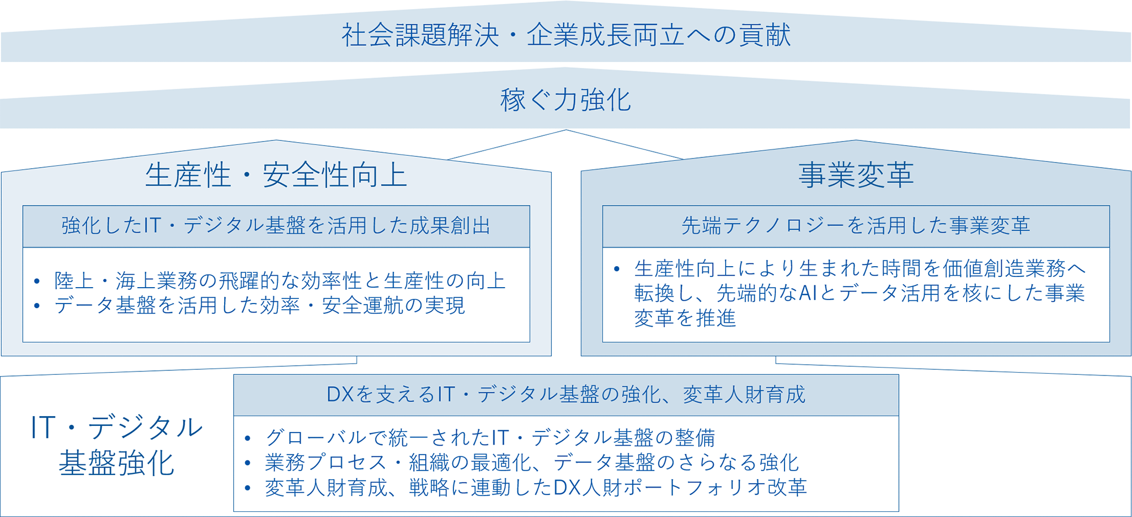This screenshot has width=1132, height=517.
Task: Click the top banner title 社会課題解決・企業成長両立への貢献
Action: click(565, 35)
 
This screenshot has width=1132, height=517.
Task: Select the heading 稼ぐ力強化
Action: click(565, 100)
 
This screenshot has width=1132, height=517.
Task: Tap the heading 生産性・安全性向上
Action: click(276, 174)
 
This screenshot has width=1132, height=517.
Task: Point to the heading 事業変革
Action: click(856, 174)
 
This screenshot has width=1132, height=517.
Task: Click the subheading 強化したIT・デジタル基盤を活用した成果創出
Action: click(276, 226)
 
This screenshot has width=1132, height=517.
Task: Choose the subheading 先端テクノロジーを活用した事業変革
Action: click(856, 226)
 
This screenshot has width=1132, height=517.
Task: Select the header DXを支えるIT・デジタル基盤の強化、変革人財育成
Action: click(565, 395)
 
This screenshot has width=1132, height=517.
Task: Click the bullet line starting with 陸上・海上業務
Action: click(280, 281)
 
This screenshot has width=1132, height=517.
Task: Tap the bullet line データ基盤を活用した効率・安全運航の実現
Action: click(260, 306)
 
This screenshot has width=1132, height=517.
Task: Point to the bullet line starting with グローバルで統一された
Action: click(490, 438)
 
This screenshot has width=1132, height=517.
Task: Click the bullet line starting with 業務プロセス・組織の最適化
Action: click(531, 463)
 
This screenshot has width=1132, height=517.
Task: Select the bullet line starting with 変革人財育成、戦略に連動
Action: click(535, 488)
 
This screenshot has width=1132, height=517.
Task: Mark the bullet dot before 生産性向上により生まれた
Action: click(617, 268)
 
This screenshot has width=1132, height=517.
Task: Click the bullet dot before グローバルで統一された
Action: click(247, 438)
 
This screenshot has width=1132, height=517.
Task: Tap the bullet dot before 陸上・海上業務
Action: click(37, 281)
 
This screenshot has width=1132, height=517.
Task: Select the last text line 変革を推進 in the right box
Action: click(685, 318)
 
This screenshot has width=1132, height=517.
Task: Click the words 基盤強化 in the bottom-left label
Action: click(117, 463)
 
